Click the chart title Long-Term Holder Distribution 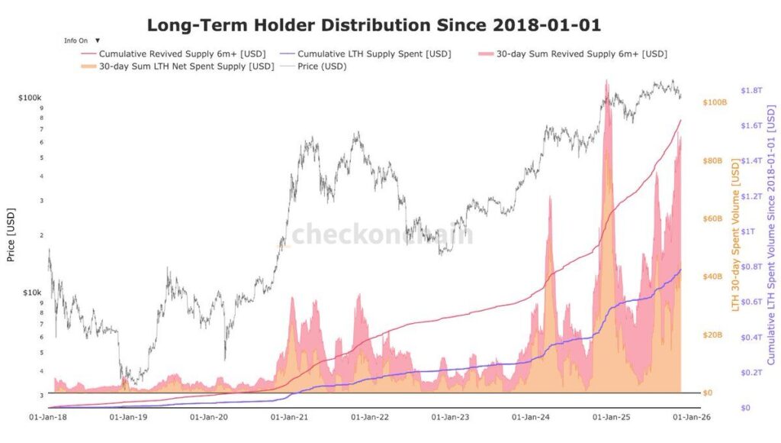tap(374, 24)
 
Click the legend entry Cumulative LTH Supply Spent tap(374, 54)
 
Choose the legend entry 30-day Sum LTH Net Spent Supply tap(176, 66)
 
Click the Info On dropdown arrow tap(98, 40)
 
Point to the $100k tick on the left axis tap(30, 99)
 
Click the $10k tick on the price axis tap(31, 293)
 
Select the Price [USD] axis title tap(11, 234)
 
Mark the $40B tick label tap(712, 276)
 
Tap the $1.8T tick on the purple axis tap(751, 90)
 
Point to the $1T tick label tap(748, 231)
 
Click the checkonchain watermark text tap(381, 234)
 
